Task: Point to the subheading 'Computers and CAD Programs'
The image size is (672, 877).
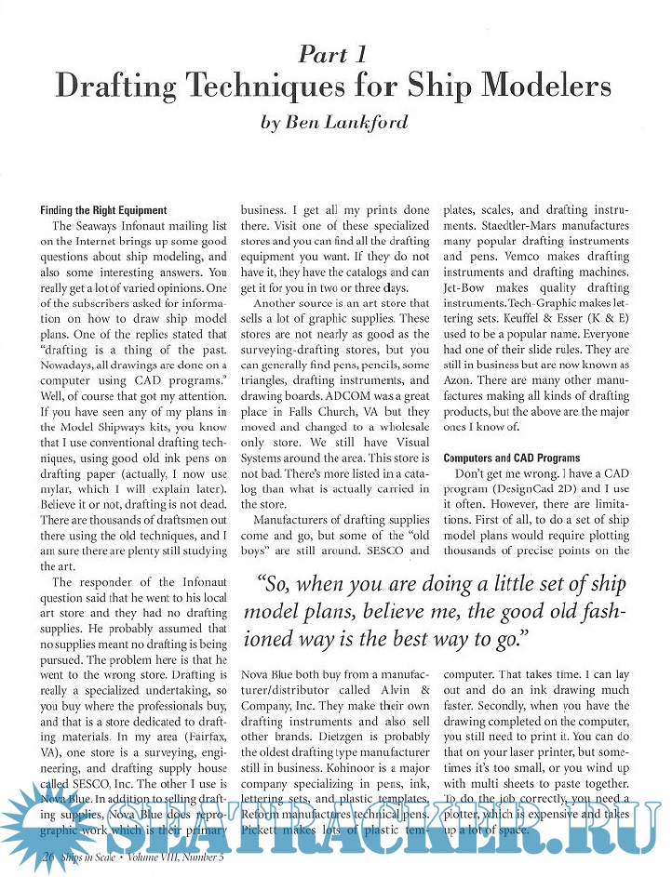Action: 511,458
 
